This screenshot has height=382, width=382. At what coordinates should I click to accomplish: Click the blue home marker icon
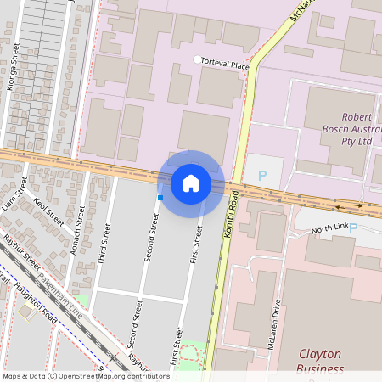coord(191,183)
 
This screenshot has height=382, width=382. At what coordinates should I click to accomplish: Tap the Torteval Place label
coord(225,65)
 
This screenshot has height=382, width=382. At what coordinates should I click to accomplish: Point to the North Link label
coord(329,230)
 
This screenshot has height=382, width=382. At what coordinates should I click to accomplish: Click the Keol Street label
coord(49,212)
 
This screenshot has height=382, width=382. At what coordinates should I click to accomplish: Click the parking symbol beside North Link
coord(353,228)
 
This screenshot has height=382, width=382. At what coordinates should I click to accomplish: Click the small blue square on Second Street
coord(160,198)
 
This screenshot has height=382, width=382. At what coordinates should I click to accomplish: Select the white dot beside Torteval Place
coord(198,59)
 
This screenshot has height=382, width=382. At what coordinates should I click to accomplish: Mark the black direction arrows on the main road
coord(348,205)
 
